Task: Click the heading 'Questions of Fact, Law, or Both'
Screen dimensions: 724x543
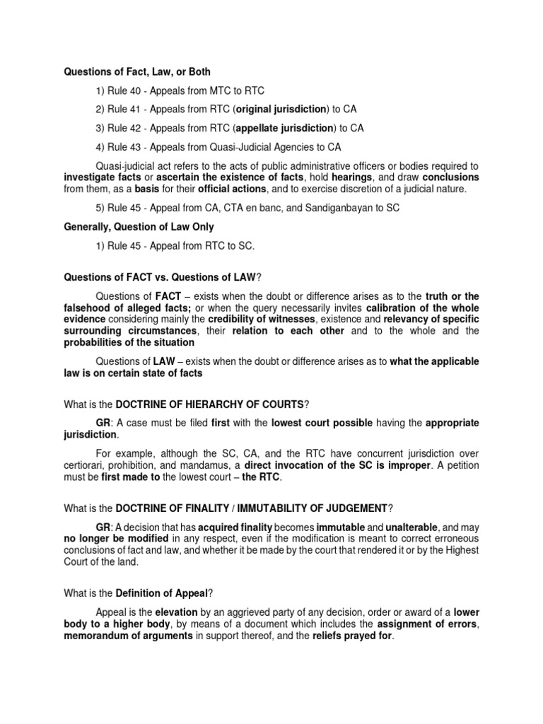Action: (137, 72)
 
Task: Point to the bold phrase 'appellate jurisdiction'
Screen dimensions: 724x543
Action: (285, 128)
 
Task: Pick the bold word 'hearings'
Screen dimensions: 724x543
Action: (351, 177)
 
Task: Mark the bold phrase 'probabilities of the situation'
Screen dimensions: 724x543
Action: (129, 342)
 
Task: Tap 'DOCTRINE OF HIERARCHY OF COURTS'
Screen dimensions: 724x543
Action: (209, 404)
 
